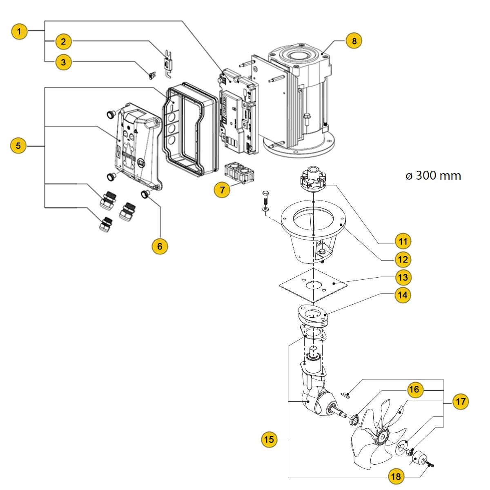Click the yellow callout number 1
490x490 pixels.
(x=19, y=31)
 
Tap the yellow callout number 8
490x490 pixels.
(x=354, y=41)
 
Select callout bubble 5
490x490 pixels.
(x=18, y=146)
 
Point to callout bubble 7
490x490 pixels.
(x=222, y=190)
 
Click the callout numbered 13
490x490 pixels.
(x=403, y=277)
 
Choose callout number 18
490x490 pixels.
(x=396, y=476)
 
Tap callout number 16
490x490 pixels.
(x=414, y=389)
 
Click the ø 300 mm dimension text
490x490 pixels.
(x=433, y=176)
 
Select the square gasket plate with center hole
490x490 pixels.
(x=313, y=285)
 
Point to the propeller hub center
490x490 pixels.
(x=383, y=437)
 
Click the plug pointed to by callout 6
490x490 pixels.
(x=145, y=194)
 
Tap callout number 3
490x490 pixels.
(x=63, y=62)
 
